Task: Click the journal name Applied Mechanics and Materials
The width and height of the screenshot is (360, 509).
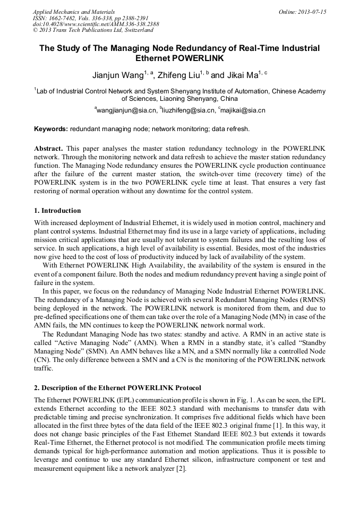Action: tap(74, 11)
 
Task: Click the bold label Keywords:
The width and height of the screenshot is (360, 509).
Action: tap(51, 129)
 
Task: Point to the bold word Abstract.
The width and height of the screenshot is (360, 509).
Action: tap(49, 148)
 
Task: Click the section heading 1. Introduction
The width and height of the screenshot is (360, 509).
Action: tap(57, 211)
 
